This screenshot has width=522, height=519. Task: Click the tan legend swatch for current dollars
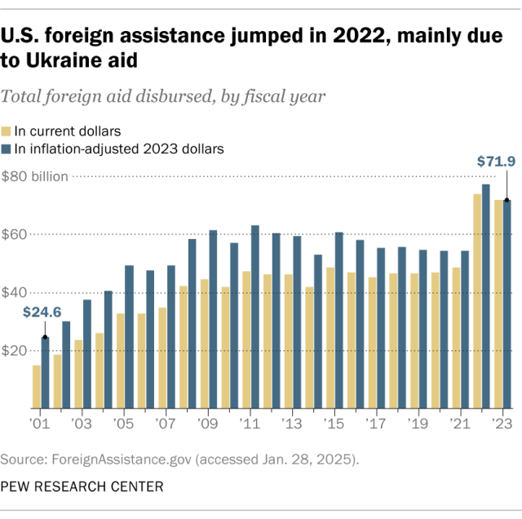[7, 131]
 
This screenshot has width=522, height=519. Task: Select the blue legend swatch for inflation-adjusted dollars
[7, 149]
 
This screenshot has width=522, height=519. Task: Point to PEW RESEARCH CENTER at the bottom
[82, 486]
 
